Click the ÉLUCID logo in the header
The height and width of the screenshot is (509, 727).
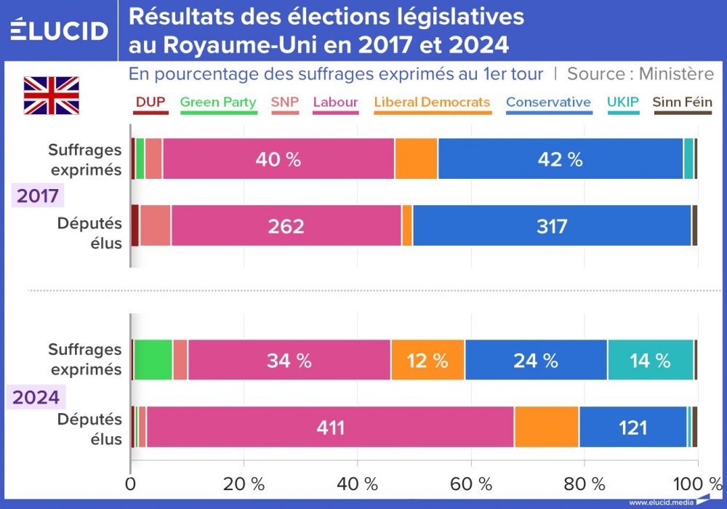pos(59,31)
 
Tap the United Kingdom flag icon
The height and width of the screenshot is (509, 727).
pos(51,95)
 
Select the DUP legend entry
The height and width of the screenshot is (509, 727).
pos(150,103)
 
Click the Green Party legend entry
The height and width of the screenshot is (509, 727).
pos(217,103)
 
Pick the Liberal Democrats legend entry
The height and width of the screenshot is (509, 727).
pos(432,103)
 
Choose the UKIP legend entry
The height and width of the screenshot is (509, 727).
pos(623,103)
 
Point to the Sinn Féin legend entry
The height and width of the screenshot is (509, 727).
pos(682,103)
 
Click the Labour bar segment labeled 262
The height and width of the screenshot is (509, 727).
pos(286,226)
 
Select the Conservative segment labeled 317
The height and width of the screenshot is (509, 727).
pos(552,226)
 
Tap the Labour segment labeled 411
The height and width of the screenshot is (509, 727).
pos(330,428)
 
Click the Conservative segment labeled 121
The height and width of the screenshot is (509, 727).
pos(632,428)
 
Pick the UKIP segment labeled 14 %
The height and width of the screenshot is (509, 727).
pos(650,360)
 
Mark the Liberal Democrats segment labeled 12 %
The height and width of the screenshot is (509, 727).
pos(427,360)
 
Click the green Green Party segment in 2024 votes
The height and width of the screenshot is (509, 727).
pos(153,360)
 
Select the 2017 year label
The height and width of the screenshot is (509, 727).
pos(37,196)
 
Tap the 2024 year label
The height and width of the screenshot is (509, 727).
pos(37,397)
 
